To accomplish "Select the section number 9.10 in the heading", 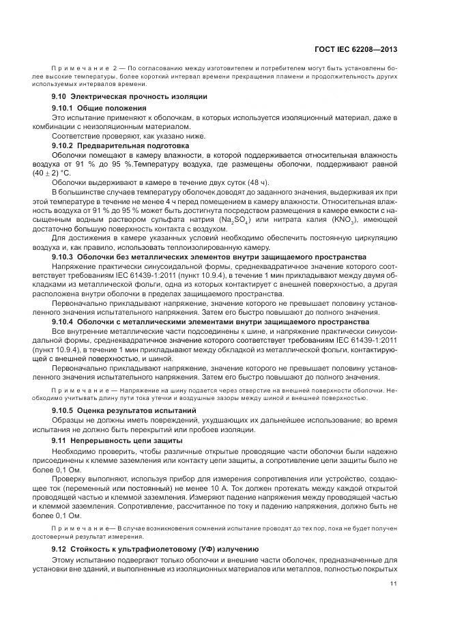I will click(60, 97).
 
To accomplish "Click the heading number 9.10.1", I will click(63, 108).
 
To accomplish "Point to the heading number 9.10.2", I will click(63, 145).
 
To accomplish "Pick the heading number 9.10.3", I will click(63, 256).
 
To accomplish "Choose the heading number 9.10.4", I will click(63, 320).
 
